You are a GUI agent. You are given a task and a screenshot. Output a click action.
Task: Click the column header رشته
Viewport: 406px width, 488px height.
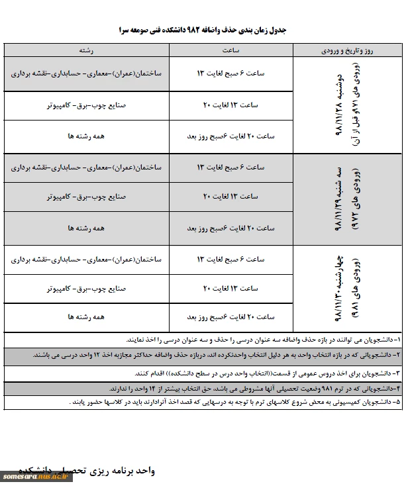click(83, 50)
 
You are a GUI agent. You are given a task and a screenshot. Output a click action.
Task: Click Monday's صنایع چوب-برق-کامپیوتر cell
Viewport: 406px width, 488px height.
click(83, 105)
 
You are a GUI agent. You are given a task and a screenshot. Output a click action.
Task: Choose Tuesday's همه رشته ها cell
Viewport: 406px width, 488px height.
click(83, 228)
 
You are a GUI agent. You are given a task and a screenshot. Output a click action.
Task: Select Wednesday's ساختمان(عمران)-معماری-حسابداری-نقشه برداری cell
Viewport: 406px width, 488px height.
click(83, 259)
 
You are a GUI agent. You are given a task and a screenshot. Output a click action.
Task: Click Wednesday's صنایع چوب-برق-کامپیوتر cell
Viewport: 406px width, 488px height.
click(83, 289)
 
